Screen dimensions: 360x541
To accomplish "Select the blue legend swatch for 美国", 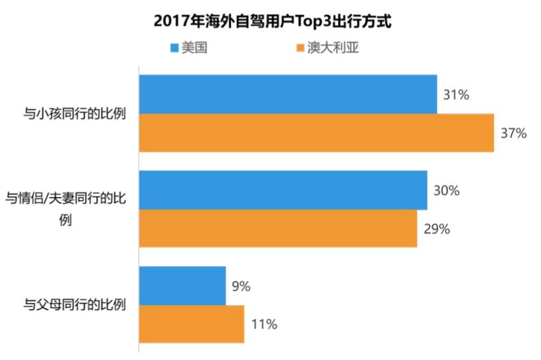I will (174, 48).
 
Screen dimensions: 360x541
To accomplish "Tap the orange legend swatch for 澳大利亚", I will (299, 48).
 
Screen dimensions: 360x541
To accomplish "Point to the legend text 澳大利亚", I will (331, 48).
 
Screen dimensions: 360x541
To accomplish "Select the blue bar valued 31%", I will (288, 94).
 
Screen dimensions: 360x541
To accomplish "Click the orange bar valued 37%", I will (316, 133).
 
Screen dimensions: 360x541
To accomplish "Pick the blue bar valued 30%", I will (282, 190).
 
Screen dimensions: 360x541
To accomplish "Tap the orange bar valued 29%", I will (278, 229).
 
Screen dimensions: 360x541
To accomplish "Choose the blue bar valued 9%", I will (182, 286).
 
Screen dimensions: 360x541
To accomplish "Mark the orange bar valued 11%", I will (192, 324).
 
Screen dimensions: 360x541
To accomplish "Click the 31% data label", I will (457, 95).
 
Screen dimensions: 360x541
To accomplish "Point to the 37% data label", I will (514, 133).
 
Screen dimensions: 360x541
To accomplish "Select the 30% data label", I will (447, 190).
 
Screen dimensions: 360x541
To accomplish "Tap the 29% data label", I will (437, 229).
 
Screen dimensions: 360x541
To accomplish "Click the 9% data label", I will (241, 286).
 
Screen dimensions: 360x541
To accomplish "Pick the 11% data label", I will (263, 325).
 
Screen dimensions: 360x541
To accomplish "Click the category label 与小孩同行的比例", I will (75, 114).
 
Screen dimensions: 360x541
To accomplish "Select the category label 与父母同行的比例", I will (75, 306).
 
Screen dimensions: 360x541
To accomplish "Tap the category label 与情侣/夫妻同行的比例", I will (66, 209).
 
